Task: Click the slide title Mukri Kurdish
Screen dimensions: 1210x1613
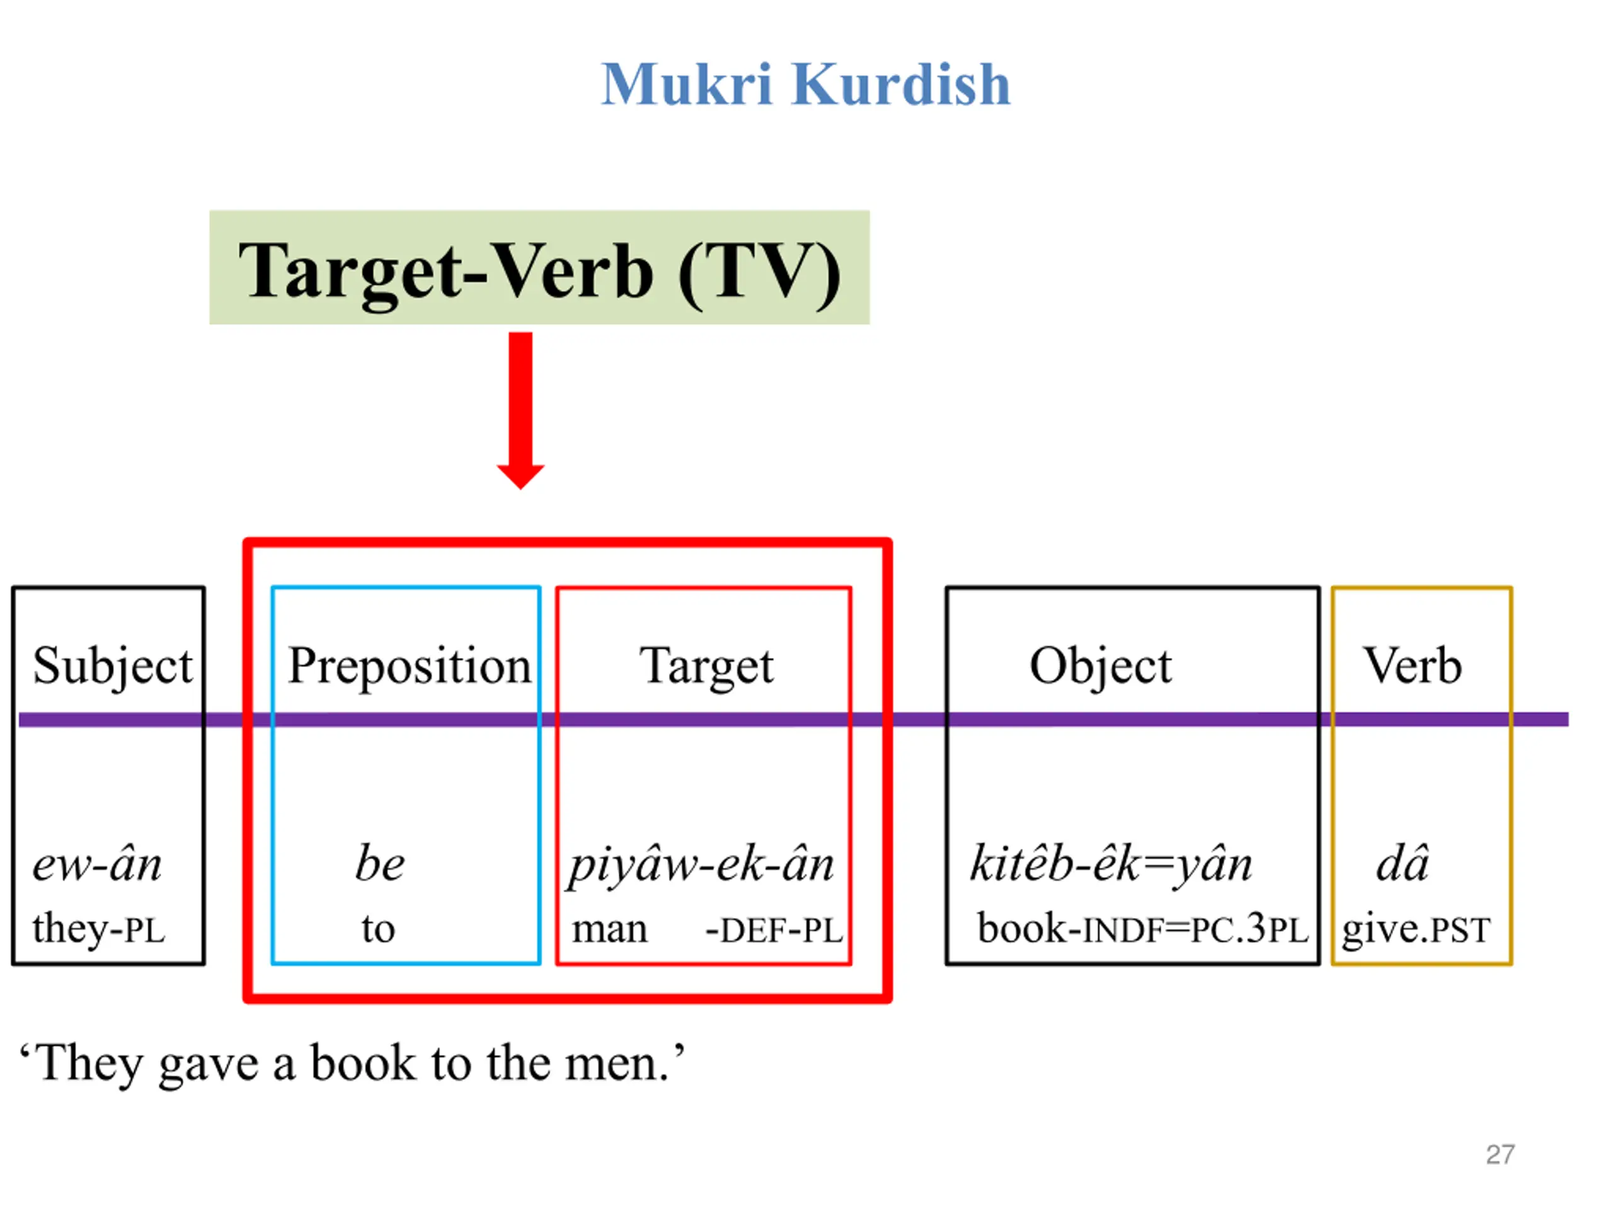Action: coord(805,84)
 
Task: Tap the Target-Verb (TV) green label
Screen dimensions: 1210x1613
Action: coord(539,268)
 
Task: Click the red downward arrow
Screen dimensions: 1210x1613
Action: coord(520,409)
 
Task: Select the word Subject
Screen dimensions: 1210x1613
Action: coord(113,666)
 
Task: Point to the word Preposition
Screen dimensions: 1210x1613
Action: coord(409,666)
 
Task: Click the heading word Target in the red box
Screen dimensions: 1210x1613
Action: coord(706,666)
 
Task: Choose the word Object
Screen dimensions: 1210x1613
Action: coord(1100,666)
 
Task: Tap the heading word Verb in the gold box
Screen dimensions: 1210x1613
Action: coord(1413,666)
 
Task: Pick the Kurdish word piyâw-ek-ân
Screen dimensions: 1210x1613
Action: coord(701,866)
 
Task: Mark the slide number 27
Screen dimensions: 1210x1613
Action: coord(1500,1155)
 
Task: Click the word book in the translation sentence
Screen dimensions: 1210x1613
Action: coord(362,1063)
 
